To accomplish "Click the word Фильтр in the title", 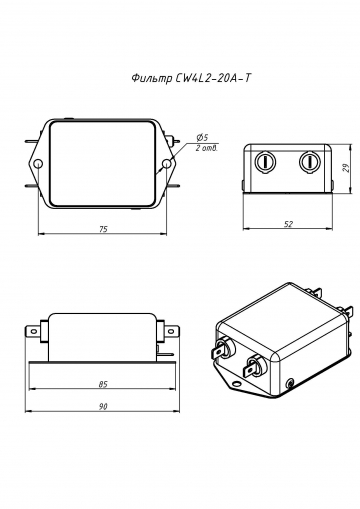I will pos(150,77).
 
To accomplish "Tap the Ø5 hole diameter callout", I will pos(202,137).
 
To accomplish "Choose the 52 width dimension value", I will pos(288,224).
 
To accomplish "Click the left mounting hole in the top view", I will pos(38,163).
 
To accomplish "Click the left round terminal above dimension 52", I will pos(266,162).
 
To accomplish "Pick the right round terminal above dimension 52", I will pos(309,162).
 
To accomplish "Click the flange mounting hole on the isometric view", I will pos(291,382).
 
